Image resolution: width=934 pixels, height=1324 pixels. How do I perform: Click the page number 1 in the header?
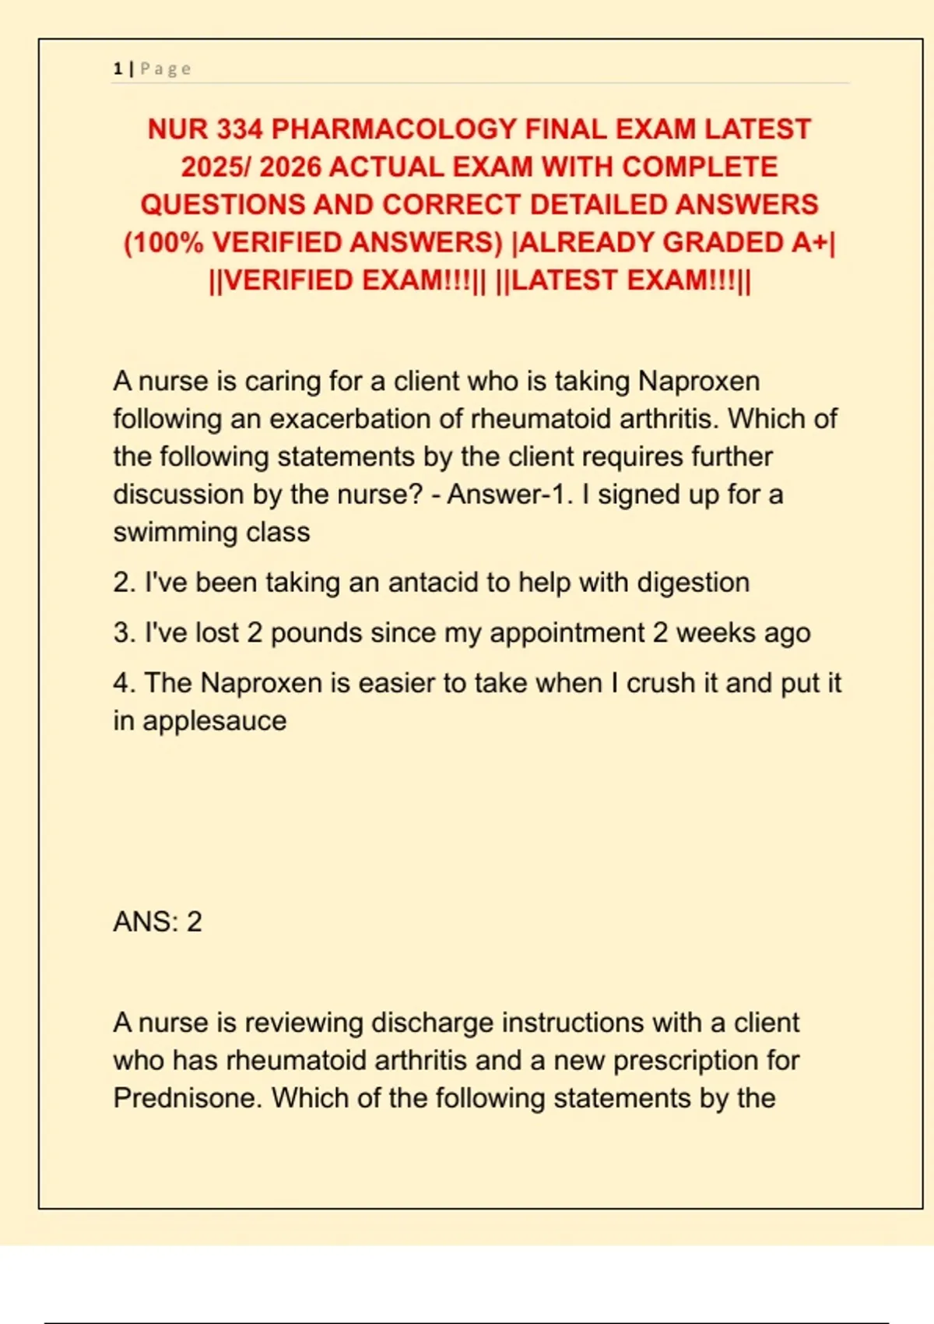(x=118, y=69)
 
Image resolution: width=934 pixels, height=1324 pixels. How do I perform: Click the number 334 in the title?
(x=240, y=129)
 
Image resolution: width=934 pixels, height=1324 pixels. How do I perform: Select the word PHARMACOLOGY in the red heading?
(x=394, y=129)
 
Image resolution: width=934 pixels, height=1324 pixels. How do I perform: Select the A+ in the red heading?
(x=809, y=243)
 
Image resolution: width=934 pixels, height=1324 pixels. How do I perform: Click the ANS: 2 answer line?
(x=158, y=922)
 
